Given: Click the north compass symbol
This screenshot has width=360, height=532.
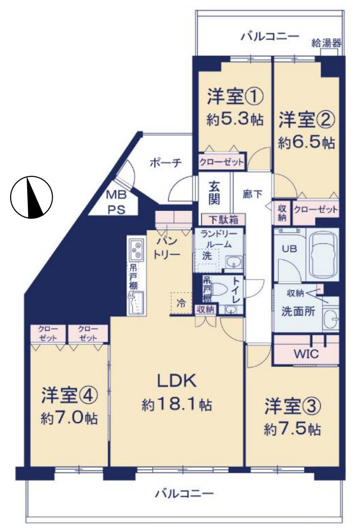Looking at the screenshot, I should point(31,197).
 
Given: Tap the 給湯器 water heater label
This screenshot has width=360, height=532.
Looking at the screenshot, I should point(326,43).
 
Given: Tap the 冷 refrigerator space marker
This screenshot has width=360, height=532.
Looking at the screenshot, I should point(181,304).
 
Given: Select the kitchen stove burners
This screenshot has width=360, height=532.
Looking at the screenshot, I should point(137,250).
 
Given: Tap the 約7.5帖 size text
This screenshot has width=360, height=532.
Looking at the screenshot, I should point(292,429).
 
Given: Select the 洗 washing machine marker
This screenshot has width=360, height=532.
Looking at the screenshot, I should point(206,256).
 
